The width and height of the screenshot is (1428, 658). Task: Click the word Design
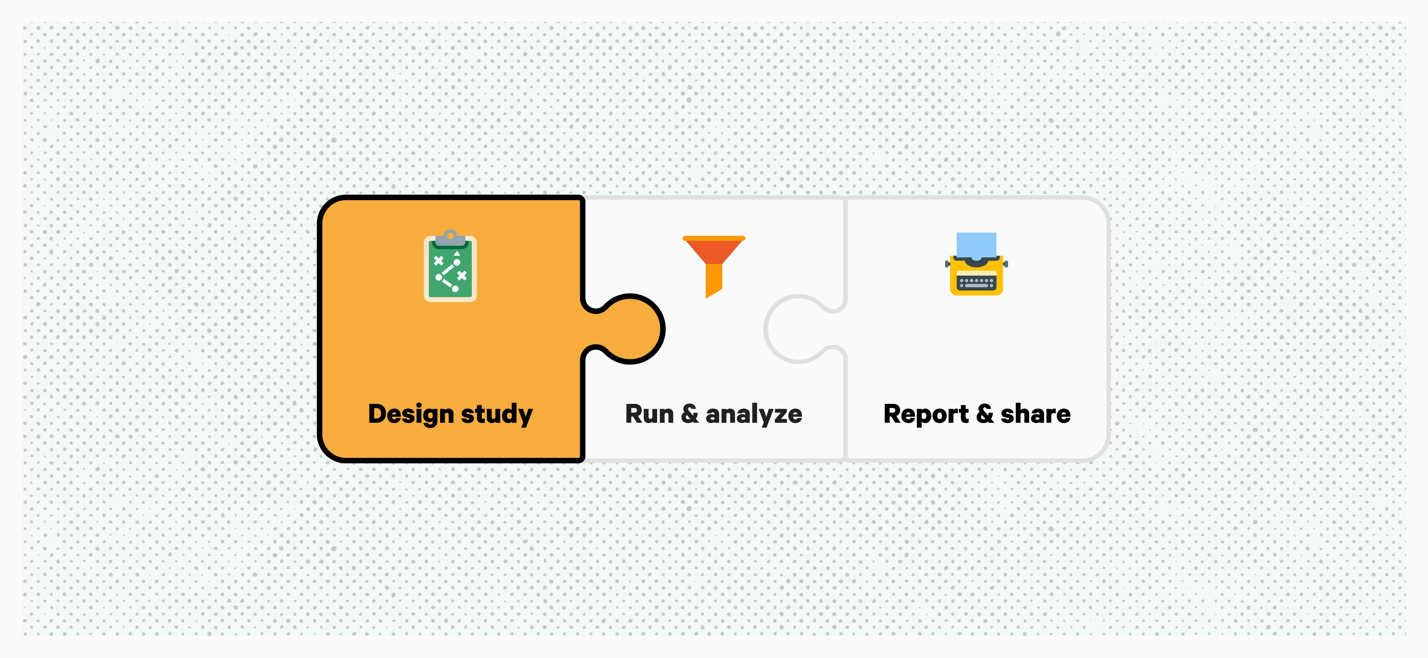[x=411, y=414]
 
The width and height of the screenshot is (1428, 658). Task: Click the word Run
[x=648, y=414]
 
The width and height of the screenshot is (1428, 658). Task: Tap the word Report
[x=926, y=414]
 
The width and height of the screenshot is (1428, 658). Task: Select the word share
[x=1036, y=414]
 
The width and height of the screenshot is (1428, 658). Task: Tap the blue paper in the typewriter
[x=976, y=244]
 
